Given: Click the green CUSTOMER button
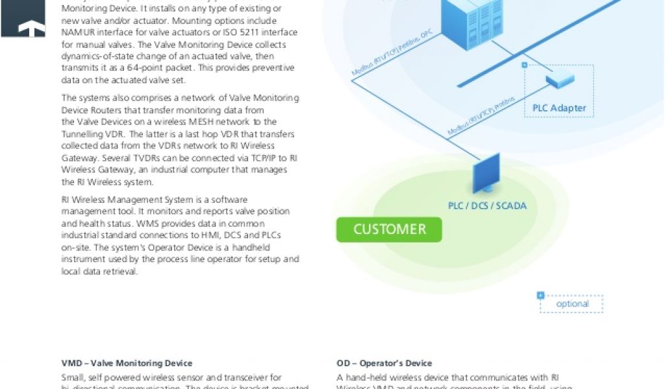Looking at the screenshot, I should coord(388,230).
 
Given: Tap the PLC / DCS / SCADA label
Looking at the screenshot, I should coord(487,206).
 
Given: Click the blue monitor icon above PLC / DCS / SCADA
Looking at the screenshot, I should coord(485,173).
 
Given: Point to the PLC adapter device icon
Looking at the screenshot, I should coord(559,81).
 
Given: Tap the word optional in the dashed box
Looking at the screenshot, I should coord(572,304).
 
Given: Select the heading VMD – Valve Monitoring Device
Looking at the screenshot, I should coord(127,363).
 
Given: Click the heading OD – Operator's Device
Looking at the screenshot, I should coord(384,363).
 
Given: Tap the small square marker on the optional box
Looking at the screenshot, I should coord(540,296).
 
